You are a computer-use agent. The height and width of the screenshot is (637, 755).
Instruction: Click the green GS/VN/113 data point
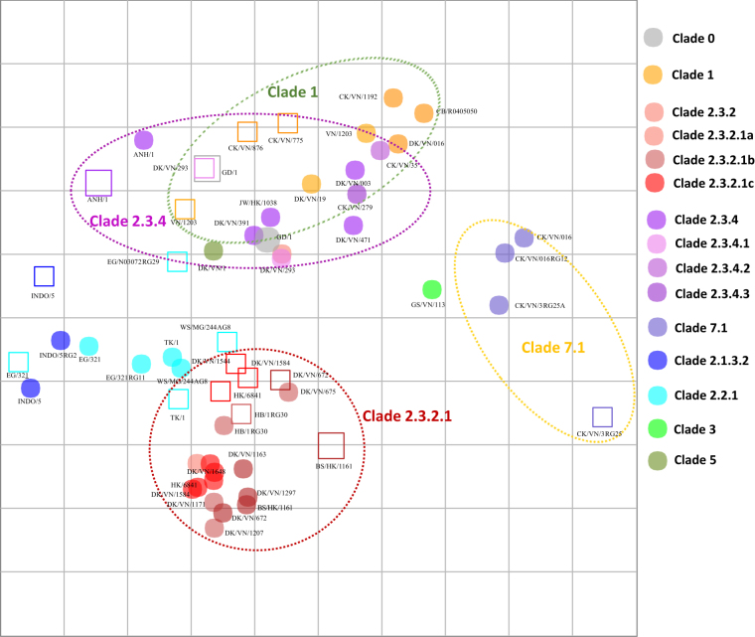431,289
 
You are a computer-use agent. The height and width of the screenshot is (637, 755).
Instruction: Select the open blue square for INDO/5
44,276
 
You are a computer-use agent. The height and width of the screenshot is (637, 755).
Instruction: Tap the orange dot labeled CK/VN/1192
393,97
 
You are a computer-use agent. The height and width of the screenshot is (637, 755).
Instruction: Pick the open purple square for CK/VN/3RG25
602,416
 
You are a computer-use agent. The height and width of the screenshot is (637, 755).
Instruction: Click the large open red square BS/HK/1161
331,445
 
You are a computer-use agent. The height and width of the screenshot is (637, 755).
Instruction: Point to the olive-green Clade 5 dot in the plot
214,250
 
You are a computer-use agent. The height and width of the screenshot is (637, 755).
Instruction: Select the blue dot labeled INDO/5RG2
61,340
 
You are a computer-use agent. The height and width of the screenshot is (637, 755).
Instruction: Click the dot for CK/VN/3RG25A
499,305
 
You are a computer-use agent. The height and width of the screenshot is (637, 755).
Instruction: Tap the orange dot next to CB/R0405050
424,113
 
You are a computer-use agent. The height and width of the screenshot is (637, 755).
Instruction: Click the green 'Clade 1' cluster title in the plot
292,91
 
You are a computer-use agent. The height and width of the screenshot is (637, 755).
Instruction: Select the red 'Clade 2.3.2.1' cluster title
406,415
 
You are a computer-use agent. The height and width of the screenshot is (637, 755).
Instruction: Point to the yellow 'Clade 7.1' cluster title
553,347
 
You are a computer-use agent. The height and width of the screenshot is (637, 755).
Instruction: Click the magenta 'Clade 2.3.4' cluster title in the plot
126,221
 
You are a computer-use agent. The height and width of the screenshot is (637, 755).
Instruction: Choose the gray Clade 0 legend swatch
653,38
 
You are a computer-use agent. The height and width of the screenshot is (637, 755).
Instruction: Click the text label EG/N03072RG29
132,262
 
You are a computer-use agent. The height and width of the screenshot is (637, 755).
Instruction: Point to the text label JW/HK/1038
258,203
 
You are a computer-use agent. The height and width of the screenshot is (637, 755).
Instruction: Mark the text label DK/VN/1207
243,534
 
